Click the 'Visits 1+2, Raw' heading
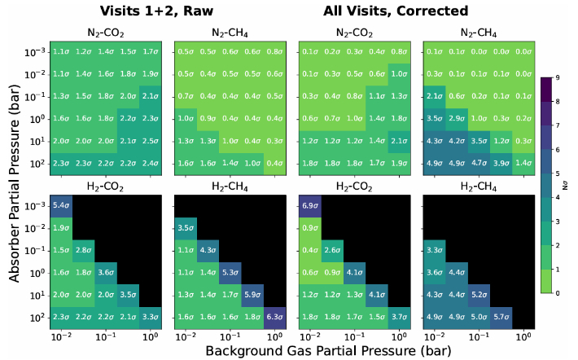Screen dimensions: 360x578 click(147, 11)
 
